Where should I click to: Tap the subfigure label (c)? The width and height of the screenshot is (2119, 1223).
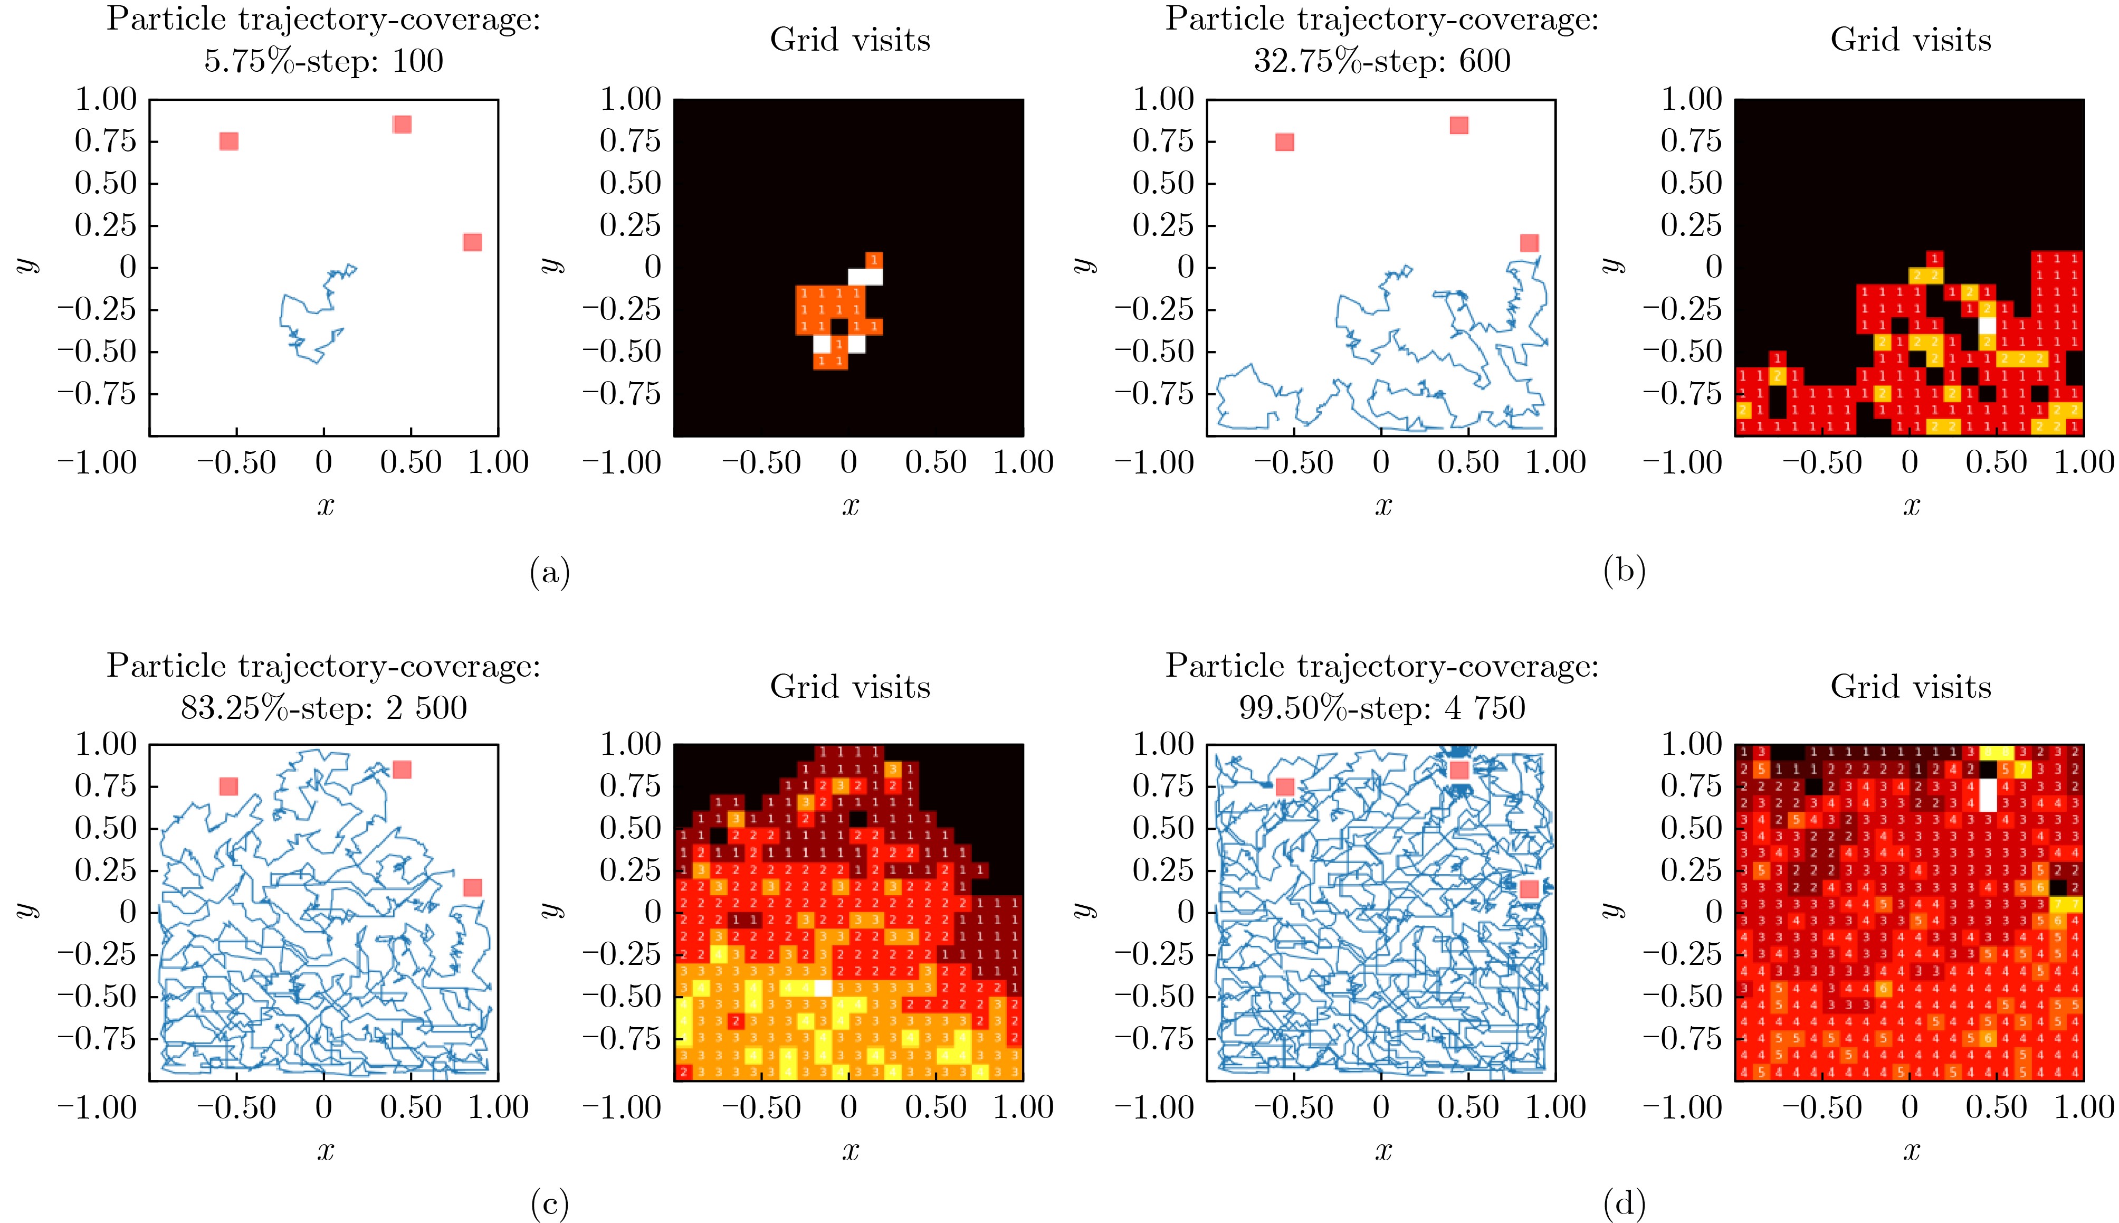coord(550,1206)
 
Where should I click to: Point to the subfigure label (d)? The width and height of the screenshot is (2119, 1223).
coord(1624,1206)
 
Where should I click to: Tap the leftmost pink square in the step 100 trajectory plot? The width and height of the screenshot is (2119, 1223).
coord(228,141)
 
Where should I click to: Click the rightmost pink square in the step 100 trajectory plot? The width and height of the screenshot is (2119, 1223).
coord(473,243)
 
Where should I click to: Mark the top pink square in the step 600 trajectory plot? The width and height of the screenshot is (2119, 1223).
coord(1459,125)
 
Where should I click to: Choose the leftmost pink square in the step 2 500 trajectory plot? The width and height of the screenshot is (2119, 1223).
coord(228,786)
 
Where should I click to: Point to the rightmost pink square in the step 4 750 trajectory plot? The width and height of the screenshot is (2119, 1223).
coord(1530,889)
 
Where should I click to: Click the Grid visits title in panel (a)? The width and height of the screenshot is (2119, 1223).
coord(849,40)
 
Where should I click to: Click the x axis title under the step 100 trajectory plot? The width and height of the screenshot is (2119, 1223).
coord(325,506)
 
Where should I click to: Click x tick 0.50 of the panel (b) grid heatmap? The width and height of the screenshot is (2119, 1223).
coord(1997,462)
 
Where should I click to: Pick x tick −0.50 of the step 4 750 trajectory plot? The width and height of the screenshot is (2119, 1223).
coord(1294,1107)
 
